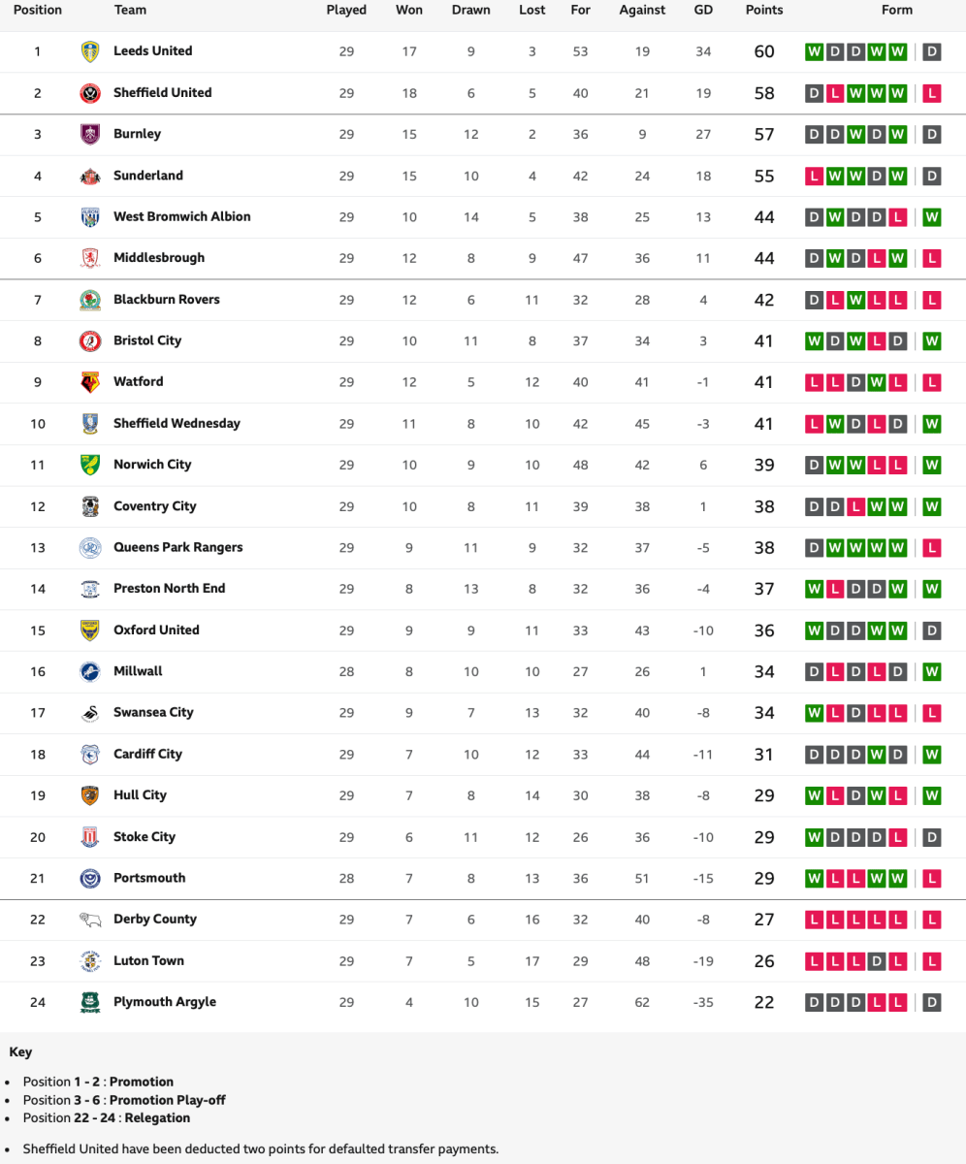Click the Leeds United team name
tap(152, 51)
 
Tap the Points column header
tap(764, 11)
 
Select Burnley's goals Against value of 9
tap(642, 134)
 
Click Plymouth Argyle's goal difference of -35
tap(703, 1002)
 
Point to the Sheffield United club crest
tap(90, 93)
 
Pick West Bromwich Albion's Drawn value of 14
tap(470, 217)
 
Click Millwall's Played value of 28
tap(346, 671)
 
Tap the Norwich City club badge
tap(90, 465)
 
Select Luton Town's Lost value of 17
tap(531, 960)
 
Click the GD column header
tap(703, 11)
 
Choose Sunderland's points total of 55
tap(764, 176)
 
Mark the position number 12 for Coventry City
tap(38, 506)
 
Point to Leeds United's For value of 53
tap(580, 51)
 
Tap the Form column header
tap(897, 11)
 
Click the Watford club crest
tap(90, 382)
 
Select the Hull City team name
tap(140, 795)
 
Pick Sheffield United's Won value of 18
tap(409, 93)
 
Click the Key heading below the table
tap(19, 1051)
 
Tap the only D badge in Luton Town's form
tap(876, 961)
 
